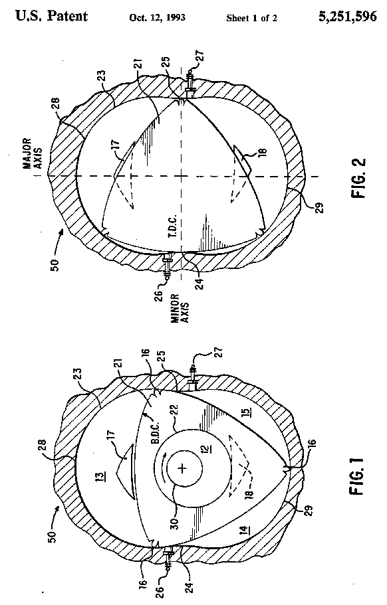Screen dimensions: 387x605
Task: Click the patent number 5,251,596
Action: tap(348, 17)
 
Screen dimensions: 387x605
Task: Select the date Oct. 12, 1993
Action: tap(158, 18)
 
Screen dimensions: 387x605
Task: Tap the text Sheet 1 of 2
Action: tap(252, 18)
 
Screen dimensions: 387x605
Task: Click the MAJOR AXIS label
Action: tap(32, 154)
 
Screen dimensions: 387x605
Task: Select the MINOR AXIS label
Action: tap(180, 308)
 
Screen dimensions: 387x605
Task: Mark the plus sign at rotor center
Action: tap(183, 469)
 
